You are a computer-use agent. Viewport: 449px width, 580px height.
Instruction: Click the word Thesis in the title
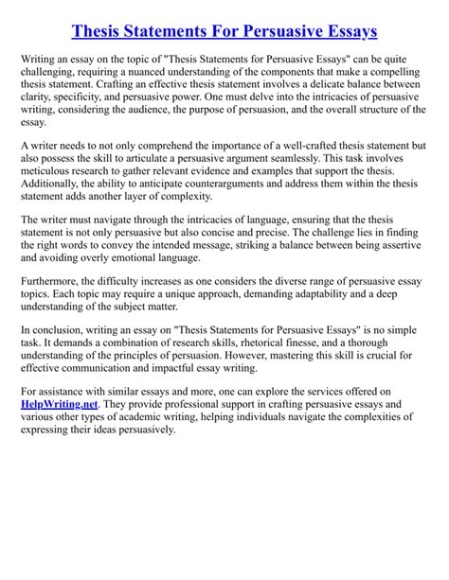(x=103, y=31)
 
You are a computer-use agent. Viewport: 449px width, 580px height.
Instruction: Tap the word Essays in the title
(x=345, y=31)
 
